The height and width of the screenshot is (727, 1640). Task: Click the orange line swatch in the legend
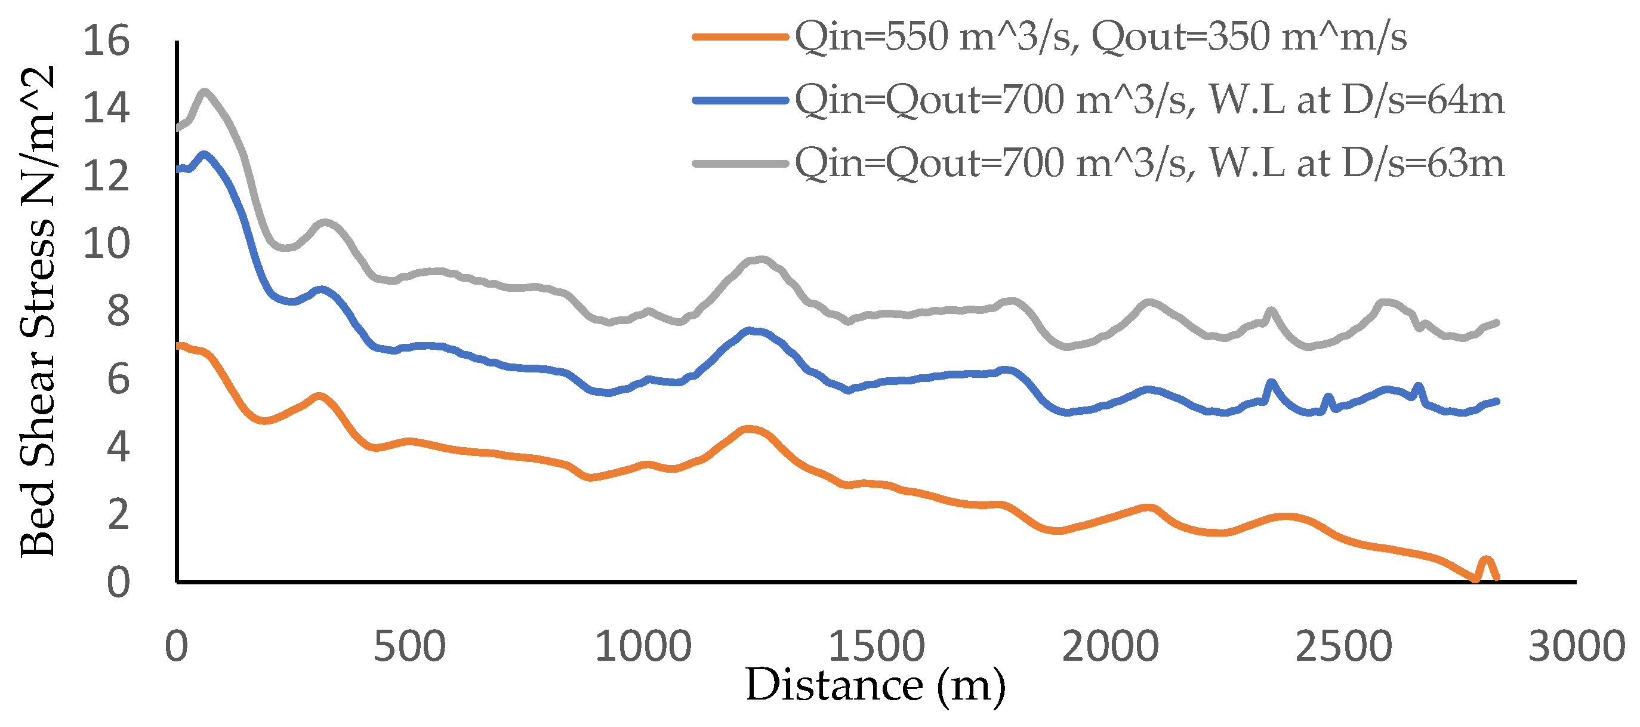pyautogui.click(x=741, y=37)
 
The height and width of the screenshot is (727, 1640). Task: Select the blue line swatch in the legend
pyautogui.click(x=741, y=100)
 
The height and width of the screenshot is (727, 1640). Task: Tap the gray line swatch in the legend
pyautogui.click(x=741, y=164)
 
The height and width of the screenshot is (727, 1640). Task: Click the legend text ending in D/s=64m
pyautogui.click(x=1150, y=100)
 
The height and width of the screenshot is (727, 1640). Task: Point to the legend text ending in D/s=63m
pyautogui.click(x=1150, y=163)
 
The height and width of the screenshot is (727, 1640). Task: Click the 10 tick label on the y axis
pyautogui.click(x=106, y=243)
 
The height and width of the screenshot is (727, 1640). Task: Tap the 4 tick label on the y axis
pyautogui.click(x=118, y=446)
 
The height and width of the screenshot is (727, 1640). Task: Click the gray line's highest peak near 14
pyautogui.click(x=204, y=93)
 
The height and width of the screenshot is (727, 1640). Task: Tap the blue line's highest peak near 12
pyautogui.click(x=204, y=154)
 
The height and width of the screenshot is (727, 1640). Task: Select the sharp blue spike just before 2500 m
pyautogui.click(x=1328, y=399)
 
